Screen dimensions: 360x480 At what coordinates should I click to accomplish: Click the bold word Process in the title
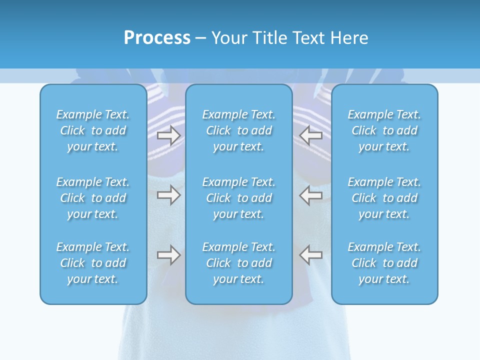157,38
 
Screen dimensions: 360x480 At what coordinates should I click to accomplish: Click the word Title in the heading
270,38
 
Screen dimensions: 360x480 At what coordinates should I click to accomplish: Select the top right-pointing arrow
168,135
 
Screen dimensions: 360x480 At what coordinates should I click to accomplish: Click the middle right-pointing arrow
168,195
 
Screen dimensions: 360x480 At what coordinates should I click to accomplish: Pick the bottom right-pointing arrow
168,255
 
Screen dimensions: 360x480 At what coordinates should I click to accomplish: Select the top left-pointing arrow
311,135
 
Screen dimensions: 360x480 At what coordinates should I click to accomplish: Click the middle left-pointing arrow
311,195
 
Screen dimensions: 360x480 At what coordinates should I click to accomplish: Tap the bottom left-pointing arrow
311,255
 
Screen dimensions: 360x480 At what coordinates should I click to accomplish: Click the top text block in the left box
93,130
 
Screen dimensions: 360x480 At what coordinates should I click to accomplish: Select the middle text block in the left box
93,198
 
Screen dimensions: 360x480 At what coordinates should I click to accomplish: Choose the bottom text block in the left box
93,263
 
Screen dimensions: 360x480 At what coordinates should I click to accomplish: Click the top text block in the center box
238,130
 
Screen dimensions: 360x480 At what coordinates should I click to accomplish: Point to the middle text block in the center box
238,198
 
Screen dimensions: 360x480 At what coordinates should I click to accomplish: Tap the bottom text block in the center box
238,263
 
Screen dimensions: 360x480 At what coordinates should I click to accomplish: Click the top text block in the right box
384,130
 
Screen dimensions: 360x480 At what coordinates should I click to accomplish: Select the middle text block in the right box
384,198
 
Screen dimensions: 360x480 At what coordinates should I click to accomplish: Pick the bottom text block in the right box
384,263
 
